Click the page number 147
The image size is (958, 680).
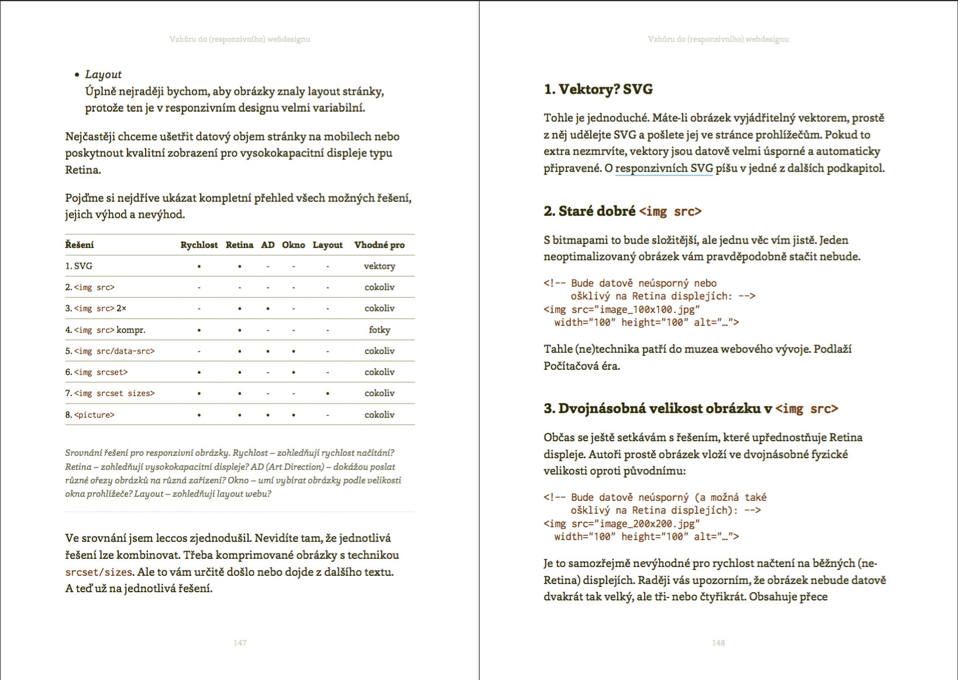point(240,643)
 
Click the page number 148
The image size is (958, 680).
point(718,643)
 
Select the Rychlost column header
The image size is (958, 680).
point(199,245)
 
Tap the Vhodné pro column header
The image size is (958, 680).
point(379,245)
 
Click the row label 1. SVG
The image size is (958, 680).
point(79,266)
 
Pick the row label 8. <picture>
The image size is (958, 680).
point(90,415)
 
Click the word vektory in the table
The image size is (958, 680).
point(379,266)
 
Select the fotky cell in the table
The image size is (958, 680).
point(379,329)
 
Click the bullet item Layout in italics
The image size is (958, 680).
point(103,74)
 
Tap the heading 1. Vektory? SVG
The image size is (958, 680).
point(598,90)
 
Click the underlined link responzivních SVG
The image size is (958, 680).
point(664,169)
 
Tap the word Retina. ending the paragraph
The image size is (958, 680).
point(83,170)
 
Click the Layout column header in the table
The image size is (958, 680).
point(328,245)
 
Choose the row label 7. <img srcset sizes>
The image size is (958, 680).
point(110,393)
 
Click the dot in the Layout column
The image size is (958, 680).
point(328,393)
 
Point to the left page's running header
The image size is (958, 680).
point(240,39)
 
